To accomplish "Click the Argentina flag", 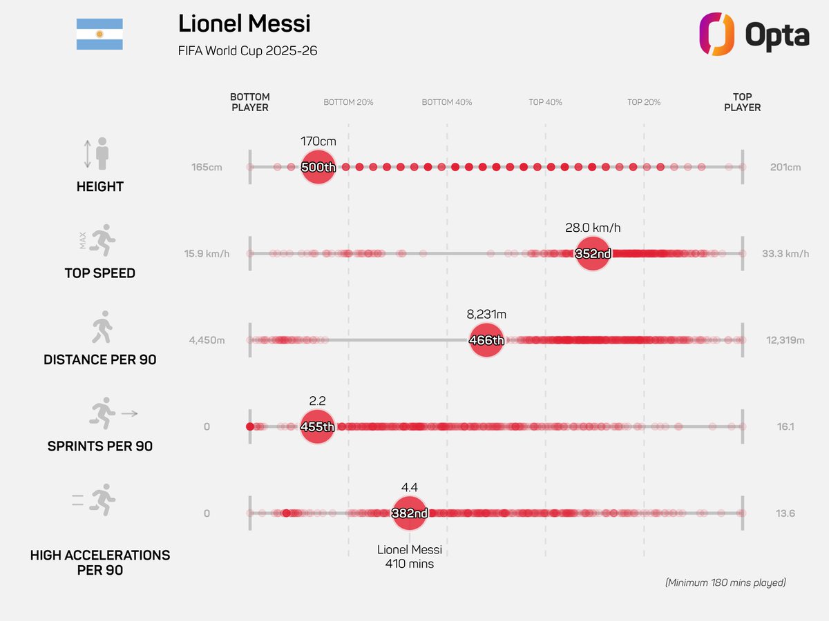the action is [99, 34].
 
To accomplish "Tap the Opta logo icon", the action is [716, 34].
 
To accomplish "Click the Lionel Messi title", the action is [244, 23].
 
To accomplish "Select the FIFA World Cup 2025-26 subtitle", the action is [247, 51].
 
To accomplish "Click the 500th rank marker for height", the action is [318, 167].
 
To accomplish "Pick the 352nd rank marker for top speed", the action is [593, 253].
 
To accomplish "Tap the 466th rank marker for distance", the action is [486, 340].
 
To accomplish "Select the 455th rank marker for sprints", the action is [317, 426].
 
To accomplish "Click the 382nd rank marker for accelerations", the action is [410, 513].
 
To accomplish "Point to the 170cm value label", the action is [318, 141].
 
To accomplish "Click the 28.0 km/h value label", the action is [593, 228].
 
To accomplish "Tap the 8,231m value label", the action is [486, 314].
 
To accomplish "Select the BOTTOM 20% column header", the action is [348, 102].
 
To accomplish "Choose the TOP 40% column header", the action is [545, 102].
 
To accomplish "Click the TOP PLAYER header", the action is [742, 102].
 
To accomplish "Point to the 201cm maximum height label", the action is [785, 167].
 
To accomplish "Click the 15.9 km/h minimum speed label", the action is [207, 253].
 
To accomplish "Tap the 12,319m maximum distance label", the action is [785, 340].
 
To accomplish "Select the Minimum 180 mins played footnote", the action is [725, 582].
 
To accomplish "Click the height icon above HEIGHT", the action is [97, 153].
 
